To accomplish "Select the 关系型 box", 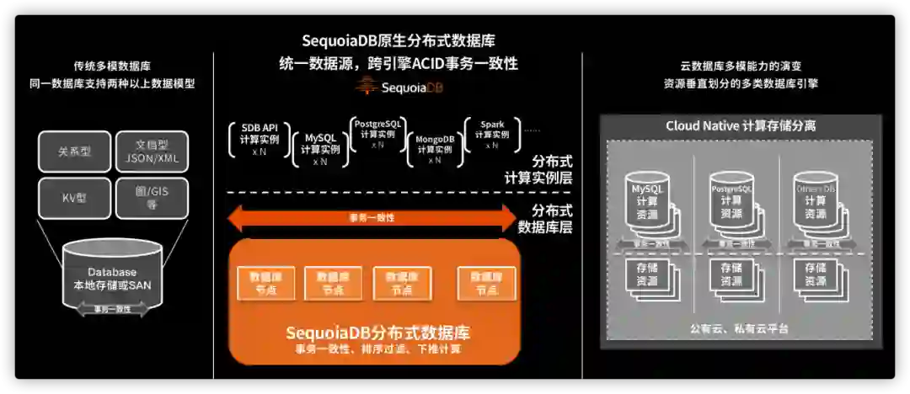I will point(74,152).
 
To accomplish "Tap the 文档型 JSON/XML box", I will point(152,152).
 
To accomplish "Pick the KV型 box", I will point(74,198).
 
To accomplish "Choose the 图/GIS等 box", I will point(152,198).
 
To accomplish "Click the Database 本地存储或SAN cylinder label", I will point(111,279).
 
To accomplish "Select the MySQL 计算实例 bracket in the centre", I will point(320,149).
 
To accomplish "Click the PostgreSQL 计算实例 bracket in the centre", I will point(377,133).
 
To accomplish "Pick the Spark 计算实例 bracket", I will point(492,135).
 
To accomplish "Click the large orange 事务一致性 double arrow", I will point(372,218).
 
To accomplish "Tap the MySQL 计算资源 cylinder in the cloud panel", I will point(648,200).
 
